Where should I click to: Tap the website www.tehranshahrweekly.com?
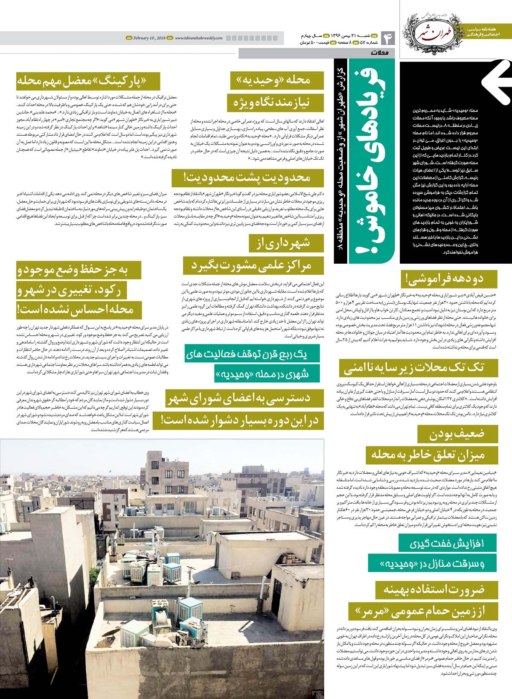[x=198, y=38]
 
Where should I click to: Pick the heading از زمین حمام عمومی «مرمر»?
[x=423, y=612]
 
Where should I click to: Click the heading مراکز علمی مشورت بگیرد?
[x=253, y=265]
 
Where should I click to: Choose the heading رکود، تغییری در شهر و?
[x=79, y=290]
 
